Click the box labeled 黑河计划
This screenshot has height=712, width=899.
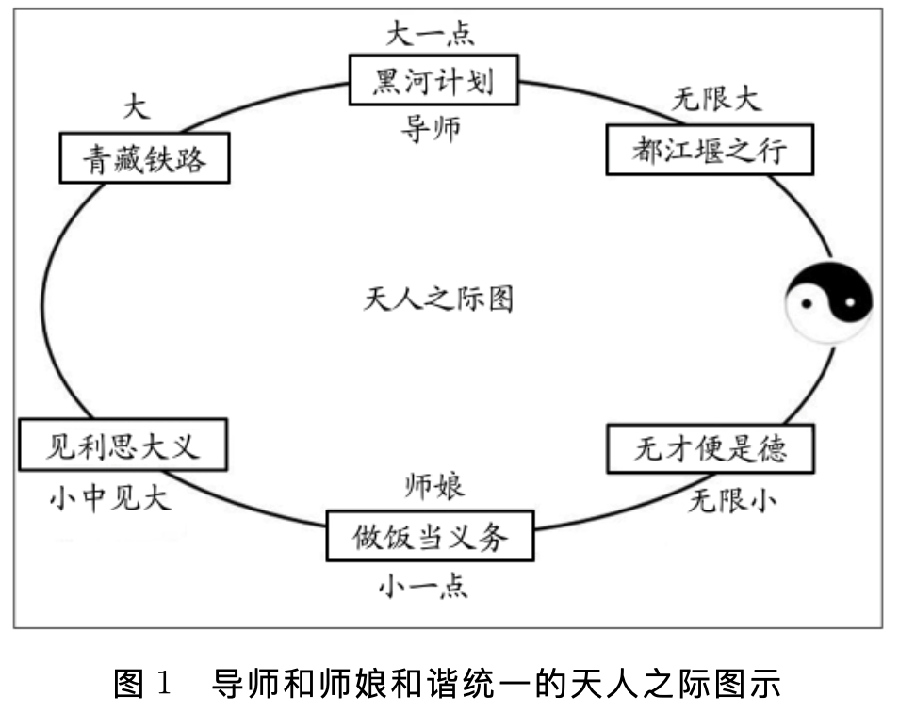click(433, 81)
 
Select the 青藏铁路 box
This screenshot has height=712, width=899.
click(145, 157)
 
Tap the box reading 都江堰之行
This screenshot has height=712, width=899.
click(709, 149)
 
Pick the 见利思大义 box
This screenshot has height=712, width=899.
click(123, 444)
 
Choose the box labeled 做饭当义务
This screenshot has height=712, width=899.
click(430, 536)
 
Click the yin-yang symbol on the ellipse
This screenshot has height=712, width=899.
click(829, 301)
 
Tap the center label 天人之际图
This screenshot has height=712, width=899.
click(438, 299)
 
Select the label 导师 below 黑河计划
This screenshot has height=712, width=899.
click(431, 129)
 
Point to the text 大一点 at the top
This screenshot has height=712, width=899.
click(430, 34)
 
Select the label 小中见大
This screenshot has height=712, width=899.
click(110, 496)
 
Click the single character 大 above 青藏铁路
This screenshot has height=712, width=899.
click(137, 106)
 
